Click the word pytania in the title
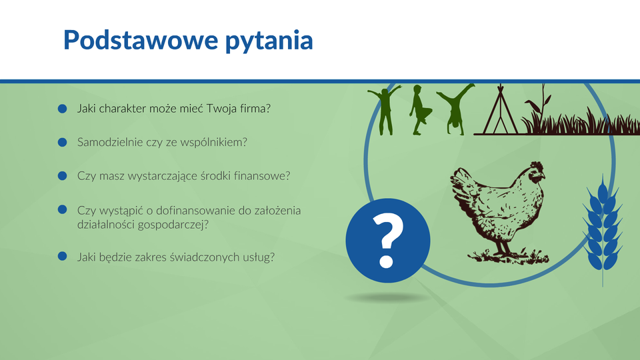tap(269, 41)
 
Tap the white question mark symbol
tap(387, 241)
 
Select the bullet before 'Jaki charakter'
tap(63, 109)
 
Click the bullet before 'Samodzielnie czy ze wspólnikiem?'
tap(63, 142)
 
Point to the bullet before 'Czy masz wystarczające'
tap(63, 176)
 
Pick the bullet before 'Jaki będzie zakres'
tap(63, 256)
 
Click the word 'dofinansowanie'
tap(196, 211)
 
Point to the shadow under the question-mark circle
tap(387, 298)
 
